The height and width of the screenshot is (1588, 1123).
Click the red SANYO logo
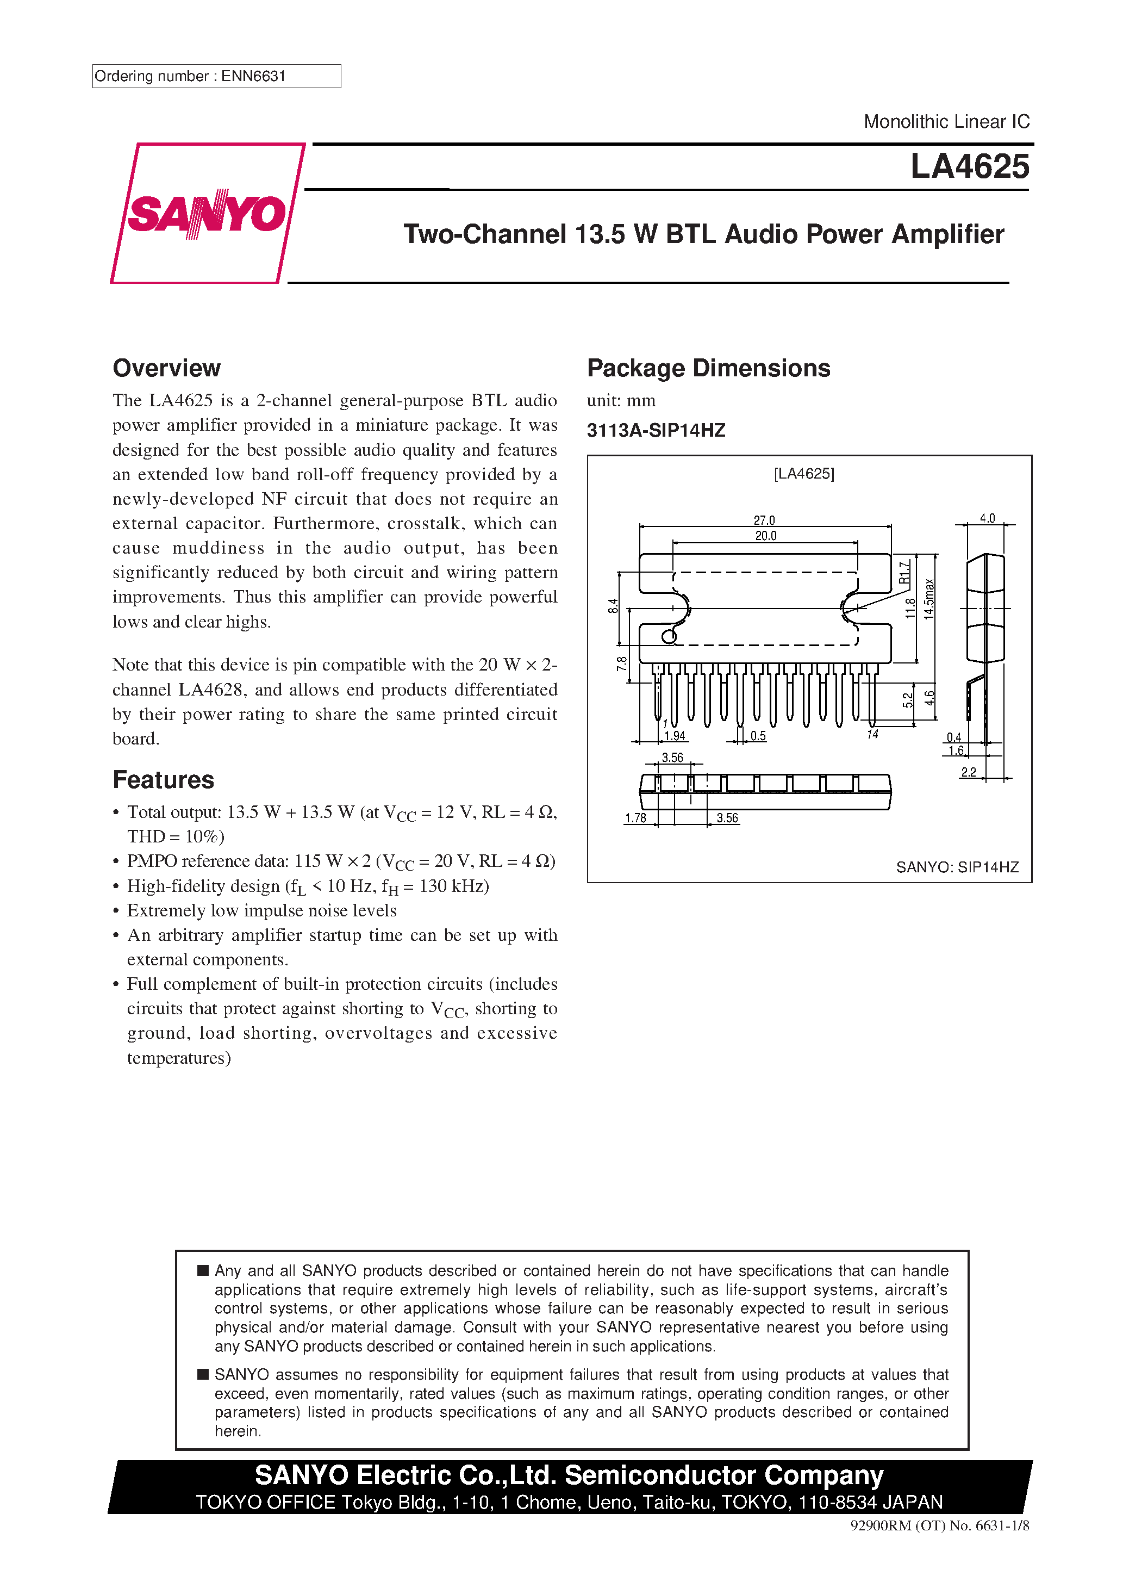pyautogui.click(x=207, y=213)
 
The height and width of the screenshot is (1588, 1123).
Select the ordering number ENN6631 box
pyautogui.click(x=216, y=76)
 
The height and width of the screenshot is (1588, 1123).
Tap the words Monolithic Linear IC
pyautogui.click(x=946, y=122)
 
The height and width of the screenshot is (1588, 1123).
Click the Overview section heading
pyautogui.click(x=167, y=368)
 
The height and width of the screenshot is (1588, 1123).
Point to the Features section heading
pyautogui.click(x=163, y=779)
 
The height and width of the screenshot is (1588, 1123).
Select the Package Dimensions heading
pyautogui.click(x=708, y=368)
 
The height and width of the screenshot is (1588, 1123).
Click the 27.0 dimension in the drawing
pyautogui.click(x=764, y=520)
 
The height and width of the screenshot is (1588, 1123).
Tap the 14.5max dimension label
pyautogui.click(x=929, y=599)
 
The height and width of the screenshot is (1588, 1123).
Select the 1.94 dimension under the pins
pyautogui.click(x=674, y=736)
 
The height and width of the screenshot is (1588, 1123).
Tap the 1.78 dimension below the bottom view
pyautogui.click(x=635, y=818)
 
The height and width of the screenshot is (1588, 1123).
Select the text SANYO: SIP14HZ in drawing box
pyautogui.click(x=957, y=867)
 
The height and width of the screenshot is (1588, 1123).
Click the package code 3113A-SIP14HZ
pyautogui.click(x=656, y=430)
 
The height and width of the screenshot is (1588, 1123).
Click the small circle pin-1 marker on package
pyautogui.click(x=669, y=636)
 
